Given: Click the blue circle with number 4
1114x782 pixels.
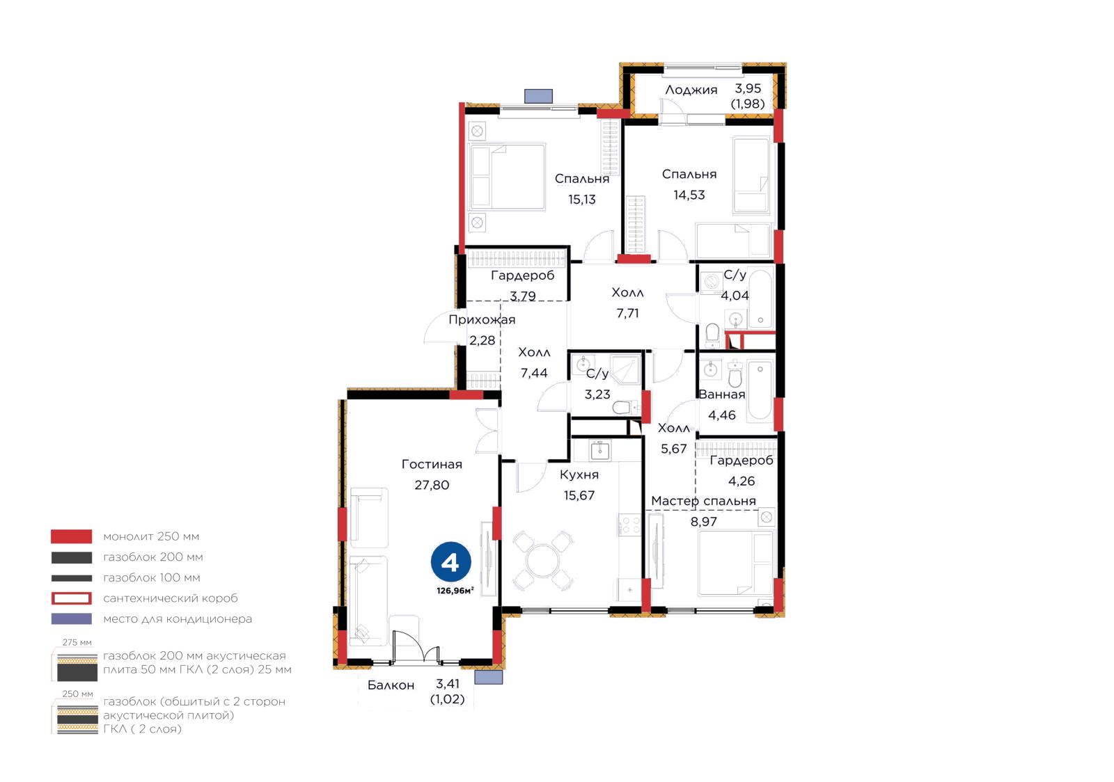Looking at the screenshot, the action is [450, 562].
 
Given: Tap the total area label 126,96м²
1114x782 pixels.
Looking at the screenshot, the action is [455, 591].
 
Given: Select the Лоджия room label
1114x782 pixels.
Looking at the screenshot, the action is [691, 90].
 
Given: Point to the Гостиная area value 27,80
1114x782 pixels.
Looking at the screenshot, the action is [432, 485].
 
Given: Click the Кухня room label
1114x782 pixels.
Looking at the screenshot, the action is [579, 474].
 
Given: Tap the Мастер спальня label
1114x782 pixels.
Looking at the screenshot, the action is [703, 501].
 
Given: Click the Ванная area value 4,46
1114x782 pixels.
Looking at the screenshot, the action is [721, 415].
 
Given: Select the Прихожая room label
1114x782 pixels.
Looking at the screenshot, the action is [482, 319].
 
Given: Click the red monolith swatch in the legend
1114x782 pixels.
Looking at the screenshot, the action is [71, 536].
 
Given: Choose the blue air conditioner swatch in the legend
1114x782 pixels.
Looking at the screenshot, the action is [71, 619].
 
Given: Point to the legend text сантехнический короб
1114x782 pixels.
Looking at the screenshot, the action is [170, 598].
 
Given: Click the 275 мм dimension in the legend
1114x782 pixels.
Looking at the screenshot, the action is [77, 642].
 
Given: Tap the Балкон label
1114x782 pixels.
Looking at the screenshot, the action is [391, 685].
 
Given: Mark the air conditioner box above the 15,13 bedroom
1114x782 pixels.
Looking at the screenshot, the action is [539, 96].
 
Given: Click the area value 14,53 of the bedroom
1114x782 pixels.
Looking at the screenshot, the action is [689, 195].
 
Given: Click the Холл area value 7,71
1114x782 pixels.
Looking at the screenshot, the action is [627, 313].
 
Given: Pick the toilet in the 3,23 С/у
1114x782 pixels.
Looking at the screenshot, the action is [625, 408].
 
